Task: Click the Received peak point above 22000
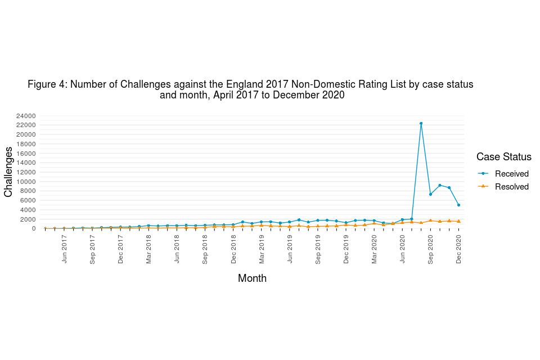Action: click(x=421, y=123)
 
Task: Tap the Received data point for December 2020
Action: click(x=458, y=205)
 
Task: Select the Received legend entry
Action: click(x=511, y=174)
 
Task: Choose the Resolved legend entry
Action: click(x=511, y=187)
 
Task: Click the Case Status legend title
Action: click(x=503, y=157)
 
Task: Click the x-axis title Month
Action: click(x=252, y=278)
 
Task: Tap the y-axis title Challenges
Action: click(x=8, y=172)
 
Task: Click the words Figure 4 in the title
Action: click(x=47, y=84)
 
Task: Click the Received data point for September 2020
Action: click(x=430, y=194)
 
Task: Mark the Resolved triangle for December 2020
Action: click(x=458, y=221)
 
